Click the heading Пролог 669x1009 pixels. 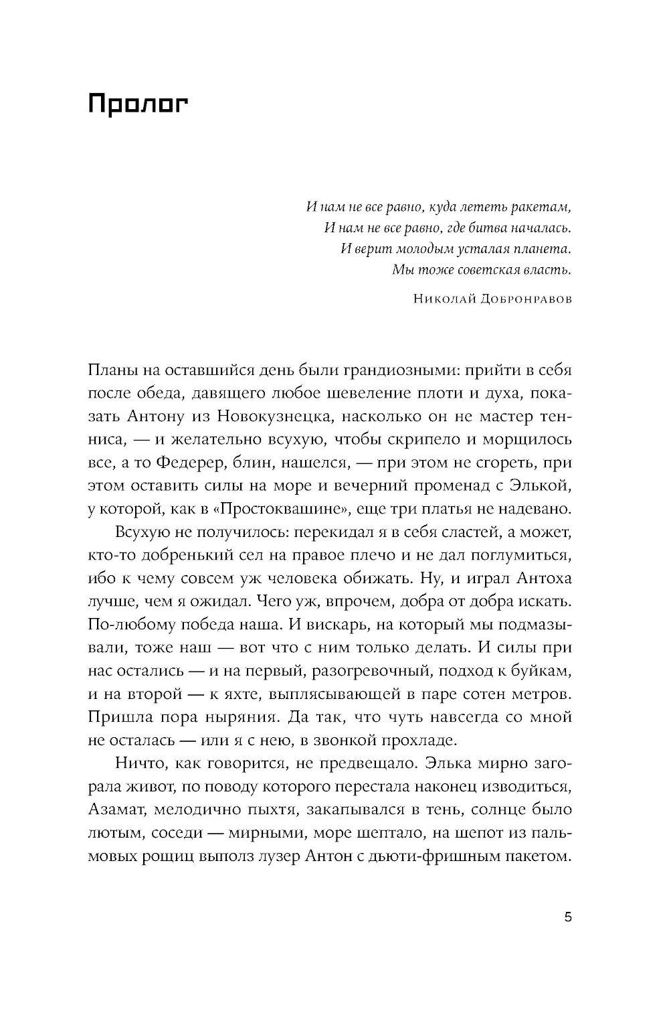(138, 106)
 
